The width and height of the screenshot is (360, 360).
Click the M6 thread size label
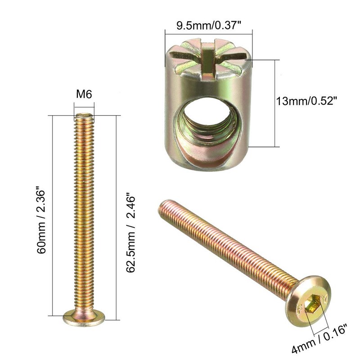pyautogui.click(x=84, y=94)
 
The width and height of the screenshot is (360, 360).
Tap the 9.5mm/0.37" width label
pyautogui.click(x=209, y=26)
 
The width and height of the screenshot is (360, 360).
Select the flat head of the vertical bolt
pyautogui.click(x=84, y=318)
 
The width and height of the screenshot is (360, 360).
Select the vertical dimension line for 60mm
pyautogui.click(x=54, y=216)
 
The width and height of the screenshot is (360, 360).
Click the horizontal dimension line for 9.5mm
pyautogui.click(x=209, y=33)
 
